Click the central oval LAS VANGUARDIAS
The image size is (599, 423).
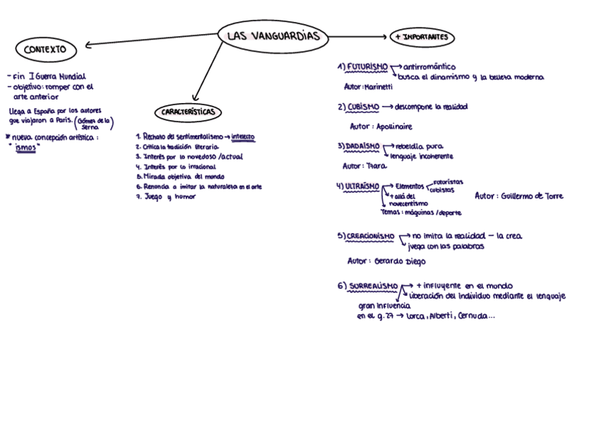pyautogui.click(x=274, y=37)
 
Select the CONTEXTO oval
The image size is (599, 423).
pyautogui.click(x=45, y=49)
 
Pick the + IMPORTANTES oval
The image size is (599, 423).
pyautogui.click(x=422, y=37)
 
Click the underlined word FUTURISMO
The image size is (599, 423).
pyautogui.click(x=367, y=66)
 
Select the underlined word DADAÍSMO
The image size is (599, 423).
pyautogui.click(x=363, y=146)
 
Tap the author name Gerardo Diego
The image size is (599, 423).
pyautogui.click(x=396, y=261)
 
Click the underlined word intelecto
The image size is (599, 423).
pyautogui.click(x=243, y=136)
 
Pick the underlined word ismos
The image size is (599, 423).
pyautogui.click(x=25, y=148)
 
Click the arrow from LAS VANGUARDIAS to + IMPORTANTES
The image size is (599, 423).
pyautogui.click(x=359, y=37)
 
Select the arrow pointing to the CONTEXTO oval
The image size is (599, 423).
pyautogui.click(x=148, y=40)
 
